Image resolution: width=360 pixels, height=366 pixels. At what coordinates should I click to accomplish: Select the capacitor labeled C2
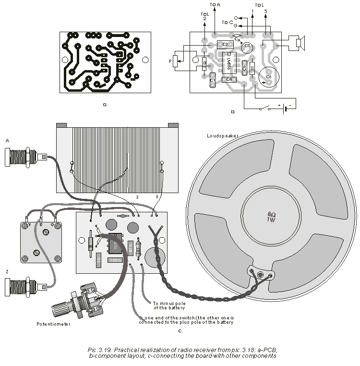point(225,45)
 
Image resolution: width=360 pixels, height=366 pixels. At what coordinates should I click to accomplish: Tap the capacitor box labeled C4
point(229,79)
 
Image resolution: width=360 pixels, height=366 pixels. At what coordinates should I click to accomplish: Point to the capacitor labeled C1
point(213,80)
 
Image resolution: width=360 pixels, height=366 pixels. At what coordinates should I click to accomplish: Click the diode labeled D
point(204,63)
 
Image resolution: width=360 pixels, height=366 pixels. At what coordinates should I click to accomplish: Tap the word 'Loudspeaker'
point(223,136)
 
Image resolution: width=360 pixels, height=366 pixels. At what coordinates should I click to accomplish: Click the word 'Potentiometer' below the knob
point(54,324)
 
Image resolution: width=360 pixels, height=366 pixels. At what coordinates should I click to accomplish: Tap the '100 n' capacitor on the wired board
point(115,260)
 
